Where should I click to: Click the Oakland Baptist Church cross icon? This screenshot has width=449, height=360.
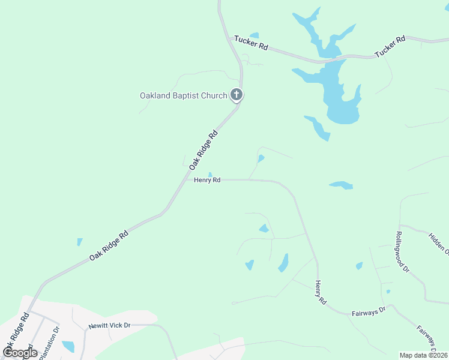tap(237, 95)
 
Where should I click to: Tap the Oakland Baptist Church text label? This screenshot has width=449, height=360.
tap(183, 95)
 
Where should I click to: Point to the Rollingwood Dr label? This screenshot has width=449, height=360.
tap(402, 253)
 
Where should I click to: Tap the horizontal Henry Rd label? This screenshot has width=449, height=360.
tap(207, 179)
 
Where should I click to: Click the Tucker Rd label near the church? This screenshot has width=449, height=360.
tap(251, 43)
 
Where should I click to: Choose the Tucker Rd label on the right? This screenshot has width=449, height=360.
tap(390, 47)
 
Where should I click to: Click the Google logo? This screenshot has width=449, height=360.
tap(19, 352)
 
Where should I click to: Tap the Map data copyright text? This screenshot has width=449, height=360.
tap(424, 355)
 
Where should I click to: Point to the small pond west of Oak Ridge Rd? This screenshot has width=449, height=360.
tap(79, 242)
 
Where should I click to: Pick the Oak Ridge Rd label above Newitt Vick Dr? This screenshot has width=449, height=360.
tap(109, 245)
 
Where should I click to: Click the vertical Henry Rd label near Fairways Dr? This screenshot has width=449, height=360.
tap(321, 292)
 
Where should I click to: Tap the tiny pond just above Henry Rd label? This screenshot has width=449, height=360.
tap(210, 175)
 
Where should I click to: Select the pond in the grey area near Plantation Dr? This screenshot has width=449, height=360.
tap(68, 346)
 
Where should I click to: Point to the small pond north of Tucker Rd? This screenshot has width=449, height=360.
tap(254, 35)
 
